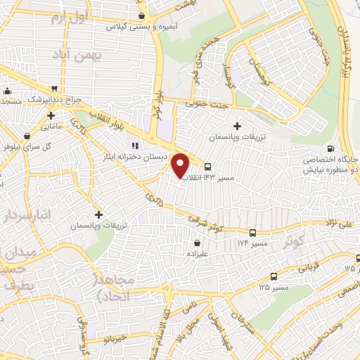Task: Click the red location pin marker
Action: (x=181, y=165)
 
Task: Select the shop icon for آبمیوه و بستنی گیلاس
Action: (x=143, y=15)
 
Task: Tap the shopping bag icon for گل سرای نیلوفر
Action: (x=27, y=136)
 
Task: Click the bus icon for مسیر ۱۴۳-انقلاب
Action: (x=208, y=167)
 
